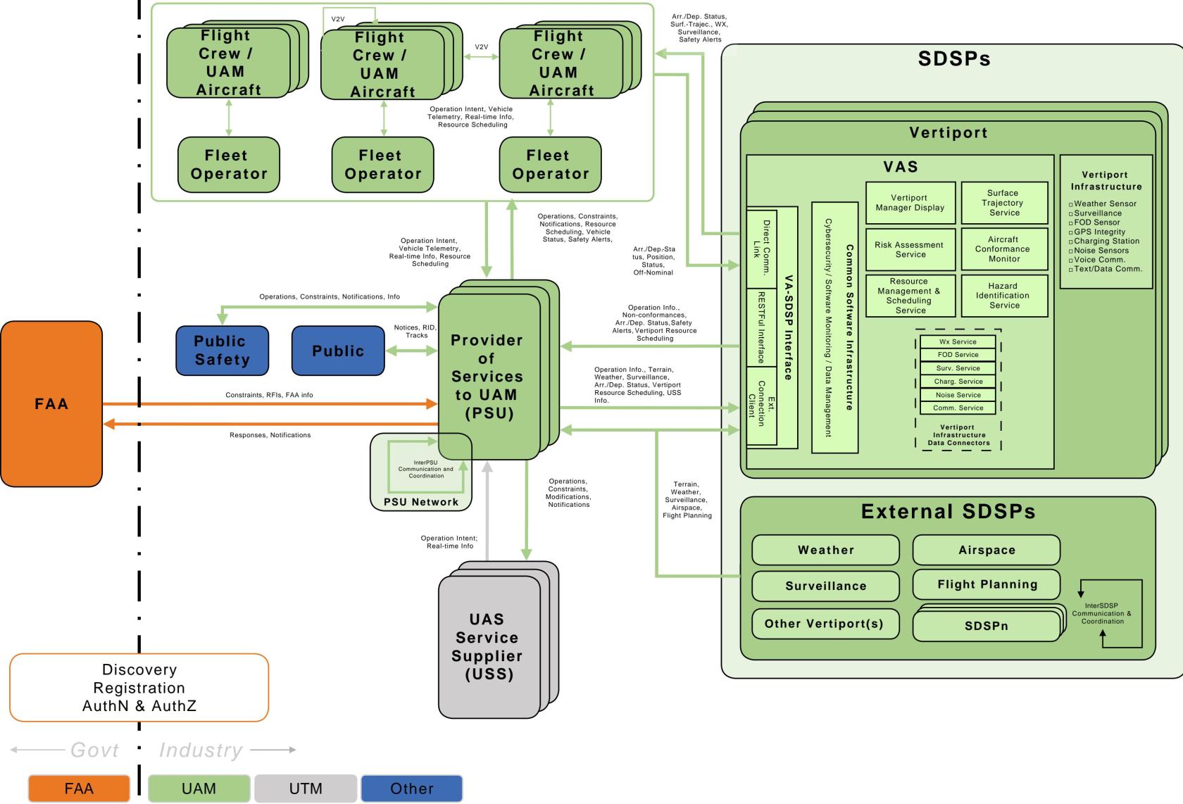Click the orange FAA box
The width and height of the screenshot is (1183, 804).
coord(51,404)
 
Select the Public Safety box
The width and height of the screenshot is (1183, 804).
coord(222,351)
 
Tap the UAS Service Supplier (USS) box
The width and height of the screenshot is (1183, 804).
coord(489,647)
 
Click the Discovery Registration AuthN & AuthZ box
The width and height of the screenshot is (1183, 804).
coord(139,687)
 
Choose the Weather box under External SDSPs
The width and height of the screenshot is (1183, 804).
coord(825,550)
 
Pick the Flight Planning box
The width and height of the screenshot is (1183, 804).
coord(986,584)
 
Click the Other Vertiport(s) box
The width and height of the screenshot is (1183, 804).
coord(825,624)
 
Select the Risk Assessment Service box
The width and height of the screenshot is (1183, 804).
coord(910,249)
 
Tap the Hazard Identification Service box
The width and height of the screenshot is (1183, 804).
coord(1004,296)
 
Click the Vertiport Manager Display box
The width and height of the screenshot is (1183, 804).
coord(910,203)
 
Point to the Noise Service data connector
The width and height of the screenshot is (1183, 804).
coord(958,395)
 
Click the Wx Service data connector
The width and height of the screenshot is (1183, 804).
coord(958,341)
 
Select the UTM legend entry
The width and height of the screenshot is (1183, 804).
coord(306,789)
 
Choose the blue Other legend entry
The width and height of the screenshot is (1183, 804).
coord(411,789)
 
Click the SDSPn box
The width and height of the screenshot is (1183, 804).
coord(986,626)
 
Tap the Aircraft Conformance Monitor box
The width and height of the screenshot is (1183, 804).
coord(1004,249)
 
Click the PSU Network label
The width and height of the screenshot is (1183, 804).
coord(421,501)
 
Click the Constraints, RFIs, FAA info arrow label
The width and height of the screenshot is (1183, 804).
coord(269,395)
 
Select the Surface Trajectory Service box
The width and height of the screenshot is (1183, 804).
coord(1004,203)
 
